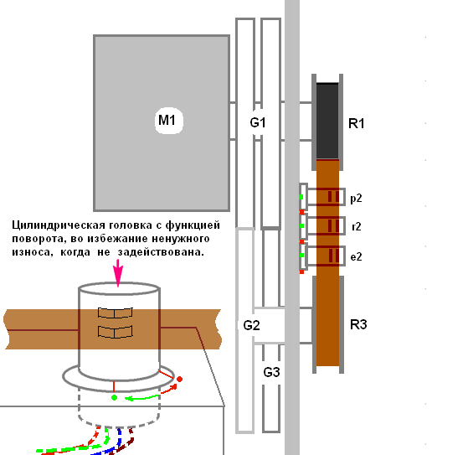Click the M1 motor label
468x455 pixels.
[x=167, y=120]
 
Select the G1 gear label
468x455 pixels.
[x=258, y=122]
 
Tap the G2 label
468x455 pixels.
[x=251, y=325]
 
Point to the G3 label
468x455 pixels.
[x=271, y=372]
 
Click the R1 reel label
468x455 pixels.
[x=357, y=123]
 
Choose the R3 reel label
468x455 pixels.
[x=358, y=324]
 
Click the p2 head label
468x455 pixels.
[x=356, y=199]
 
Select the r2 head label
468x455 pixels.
[x=357, y=227]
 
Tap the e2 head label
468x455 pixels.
[x=356, y=256]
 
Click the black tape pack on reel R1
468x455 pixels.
[x=327, y=121]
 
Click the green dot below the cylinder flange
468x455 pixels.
[x=114, y=398]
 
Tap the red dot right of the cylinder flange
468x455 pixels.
[x=179, y=379]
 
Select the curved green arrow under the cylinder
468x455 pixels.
[x=141, y=398]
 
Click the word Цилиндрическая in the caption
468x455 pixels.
[x=59, y=225]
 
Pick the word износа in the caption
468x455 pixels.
[x=31, y=252]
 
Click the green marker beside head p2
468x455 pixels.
[x=301, y=197]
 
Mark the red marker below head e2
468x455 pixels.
[x=301, y=271]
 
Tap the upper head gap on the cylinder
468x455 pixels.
[x=116, y=313]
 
